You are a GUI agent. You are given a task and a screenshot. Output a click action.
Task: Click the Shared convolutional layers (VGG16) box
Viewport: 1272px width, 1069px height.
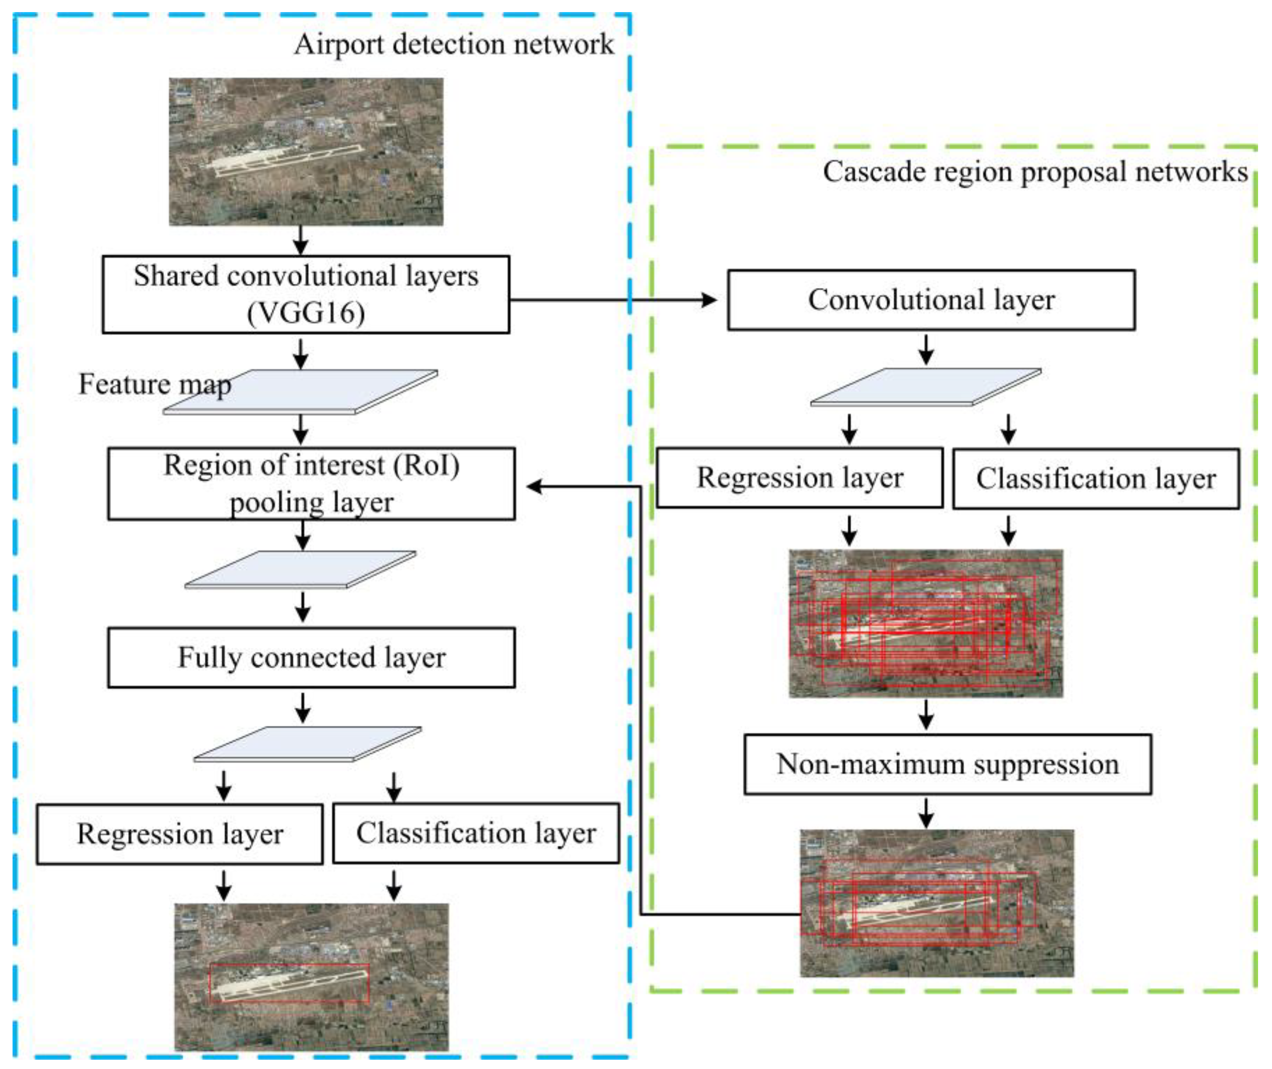(306, 294)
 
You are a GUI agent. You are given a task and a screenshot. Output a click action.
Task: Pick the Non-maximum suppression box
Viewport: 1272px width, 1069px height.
(947, 764)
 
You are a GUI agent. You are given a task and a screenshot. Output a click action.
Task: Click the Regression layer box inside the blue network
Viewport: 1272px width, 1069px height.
(179, 834)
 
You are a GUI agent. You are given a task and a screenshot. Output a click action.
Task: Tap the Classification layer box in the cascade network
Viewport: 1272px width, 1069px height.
(1096, 479)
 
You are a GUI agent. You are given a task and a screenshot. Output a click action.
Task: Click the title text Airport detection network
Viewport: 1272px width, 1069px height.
(453, 44)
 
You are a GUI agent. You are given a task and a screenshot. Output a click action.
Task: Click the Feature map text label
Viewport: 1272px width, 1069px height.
(155, 384)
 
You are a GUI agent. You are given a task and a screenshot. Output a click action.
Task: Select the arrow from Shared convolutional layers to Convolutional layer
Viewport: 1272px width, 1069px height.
(612, 300)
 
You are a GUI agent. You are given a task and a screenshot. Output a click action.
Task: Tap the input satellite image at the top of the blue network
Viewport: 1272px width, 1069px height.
(306, 151)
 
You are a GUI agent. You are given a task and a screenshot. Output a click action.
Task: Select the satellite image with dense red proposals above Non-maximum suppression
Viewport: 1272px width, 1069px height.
(926, 623)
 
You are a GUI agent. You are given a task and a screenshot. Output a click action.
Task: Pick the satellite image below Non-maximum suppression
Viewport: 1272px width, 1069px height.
(936, 903)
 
